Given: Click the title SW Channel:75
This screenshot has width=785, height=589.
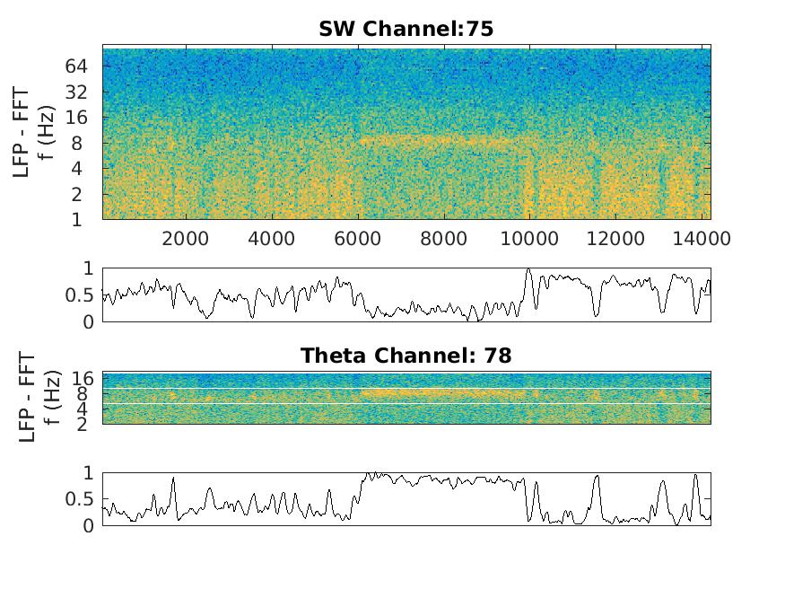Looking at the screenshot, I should point(406,29).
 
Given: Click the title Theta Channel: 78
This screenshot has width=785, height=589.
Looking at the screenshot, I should point(406,356).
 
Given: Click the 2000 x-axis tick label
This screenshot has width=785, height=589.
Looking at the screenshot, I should point(186,239).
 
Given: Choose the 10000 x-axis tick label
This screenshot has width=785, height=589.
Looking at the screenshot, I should point(529,239).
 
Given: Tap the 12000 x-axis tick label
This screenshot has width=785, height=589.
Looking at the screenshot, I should point(615,239).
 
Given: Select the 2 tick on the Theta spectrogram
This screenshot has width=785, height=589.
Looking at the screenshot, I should point(81,424).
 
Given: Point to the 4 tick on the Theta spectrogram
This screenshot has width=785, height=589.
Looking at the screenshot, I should point(81,409).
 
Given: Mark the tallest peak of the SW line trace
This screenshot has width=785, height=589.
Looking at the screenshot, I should point(528,269).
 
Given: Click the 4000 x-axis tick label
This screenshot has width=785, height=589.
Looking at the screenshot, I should point(272,239).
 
